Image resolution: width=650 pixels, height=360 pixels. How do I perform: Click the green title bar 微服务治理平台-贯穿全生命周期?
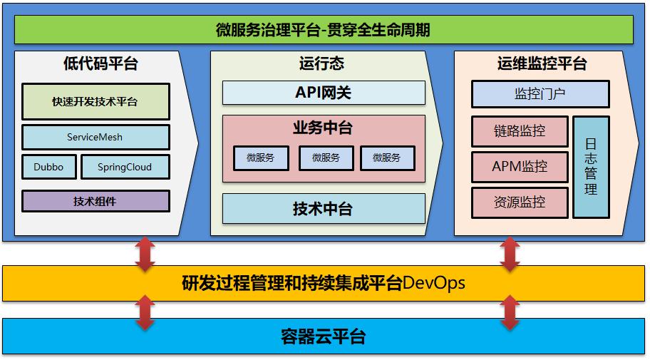pyautogui.click(x=324, y=30)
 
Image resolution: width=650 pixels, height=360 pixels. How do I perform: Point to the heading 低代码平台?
pyautogui.click(x=100, y=64)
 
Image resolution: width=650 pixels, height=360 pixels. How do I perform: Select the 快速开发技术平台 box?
pyautogui.click(x=96, y=102)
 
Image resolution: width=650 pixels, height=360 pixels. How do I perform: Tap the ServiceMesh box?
pyautogui.click(x=96, y=137)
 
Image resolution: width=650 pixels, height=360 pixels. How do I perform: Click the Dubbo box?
pyautogui.click(x=48, y=167)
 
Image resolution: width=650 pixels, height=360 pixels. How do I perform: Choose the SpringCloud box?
pyautogui.click(x=125, y=167)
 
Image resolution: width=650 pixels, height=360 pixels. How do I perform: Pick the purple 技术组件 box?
pyautogui.click(x=96, y=201)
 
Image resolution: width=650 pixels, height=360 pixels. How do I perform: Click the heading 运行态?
pyautogui.click(x=321, y=64)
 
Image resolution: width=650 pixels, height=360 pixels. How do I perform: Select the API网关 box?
pyautogui.click(x=324, y=93)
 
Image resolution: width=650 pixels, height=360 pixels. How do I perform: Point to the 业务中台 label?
pyautogui.click(x=323, y=128)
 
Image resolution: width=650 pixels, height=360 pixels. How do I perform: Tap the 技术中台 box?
pyautogui.click(x=324, y=209)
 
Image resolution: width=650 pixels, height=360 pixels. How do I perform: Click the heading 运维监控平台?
pyautogui.click(x=542, y=64)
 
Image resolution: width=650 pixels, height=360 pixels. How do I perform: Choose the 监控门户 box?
pyautogui.click(x=540, y=94)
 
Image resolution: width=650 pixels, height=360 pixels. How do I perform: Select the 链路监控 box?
pyautogui.click(x=520, y=131)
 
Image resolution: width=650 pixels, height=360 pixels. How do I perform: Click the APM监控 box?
pyautogui.click(x=520, y=167)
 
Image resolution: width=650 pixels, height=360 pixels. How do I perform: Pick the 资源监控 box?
pyautogui.click(x=520, y=202)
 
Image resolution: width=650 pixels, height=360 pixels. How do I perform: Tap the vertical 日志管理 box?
pyautogui.click(x=591, y=167)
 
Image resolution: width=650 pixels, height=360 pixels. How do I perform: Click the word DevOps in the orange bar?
pyautogui.click(x=434, y=283)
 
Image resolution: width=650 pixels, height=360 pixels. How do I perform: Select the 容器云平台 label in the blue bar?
pyautogui.click(x=324, y=336)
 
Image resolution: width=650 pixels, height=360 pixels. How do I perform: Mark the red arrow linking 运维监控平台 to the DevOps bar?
pyautogui.click(x=509, y=254)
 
